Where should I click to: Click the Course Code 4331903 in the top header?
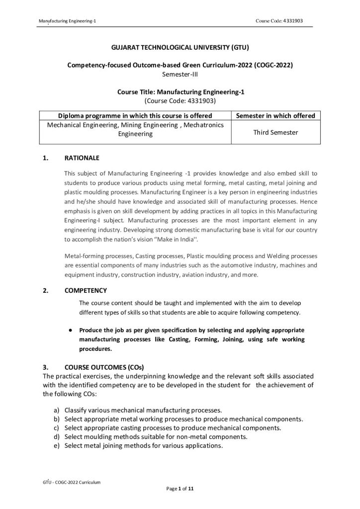(279, 20)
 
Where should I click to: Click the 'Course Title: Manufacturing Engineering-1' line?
(180, 92)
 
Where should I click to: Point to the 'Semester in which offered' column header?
(275, 116)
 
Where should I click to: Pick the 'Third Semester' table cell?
(275, 132)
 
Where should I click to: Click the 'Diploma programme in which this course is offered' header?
(135, 116)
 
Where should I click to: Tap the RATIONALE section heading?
(82, 159)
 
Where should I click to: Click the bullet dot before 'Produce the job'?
(72, 330)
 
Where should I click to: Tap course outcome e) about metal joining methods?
(143, 445)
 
